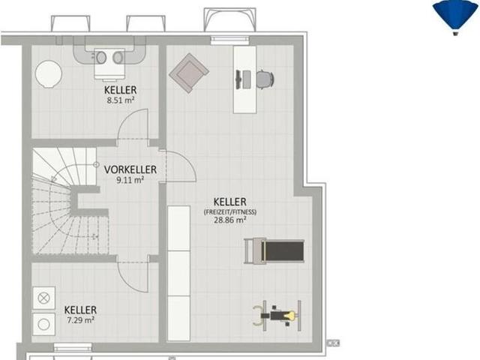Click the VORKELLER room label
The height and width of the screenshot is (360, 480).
coord(130,169)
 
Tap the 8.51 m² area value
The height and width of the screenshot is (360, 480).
coord(121,100)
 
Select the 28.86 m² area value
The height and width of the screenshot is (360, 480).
coord(230,220)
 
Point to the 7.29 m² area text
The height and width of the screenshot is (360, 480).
coord(80,320)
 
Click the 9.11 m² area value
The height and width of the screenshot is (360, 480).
coord(130,180)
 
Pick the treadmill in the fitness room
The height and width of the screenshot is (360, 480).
coord(274,251)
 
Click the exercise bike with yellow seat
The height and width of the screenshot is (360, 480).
coord(277,315)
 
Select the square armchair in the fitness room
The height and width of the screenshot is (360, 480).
coord(189,73)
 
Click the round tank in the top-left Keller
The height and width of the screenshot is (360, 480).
coord(48,74)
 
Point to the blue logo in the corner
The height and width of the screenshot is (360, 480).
coord(455,17)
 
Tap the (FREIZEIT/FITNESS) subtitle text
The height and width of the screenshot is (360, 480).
coord(230,211)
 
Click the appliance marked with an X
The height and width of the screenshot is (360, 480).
coord(43,298)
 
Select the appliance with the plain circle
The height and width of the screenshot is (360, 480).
coord(43,325)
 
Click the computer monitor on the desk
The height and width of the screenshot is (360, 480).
coord(238,79)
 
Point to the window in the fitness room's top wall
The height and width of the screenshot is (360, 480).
coord(230,40)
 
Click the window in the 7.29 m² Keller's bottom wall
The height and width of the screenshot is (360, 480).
coord(73,347)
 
